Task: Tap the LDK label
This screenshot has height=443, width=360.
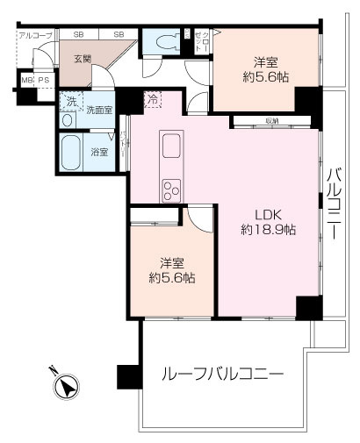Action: (268, 213)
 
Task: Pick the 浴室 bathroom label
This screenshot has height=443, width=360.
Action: (98, 152)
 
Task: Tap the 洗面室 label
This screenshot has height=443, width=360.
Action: (98, 110)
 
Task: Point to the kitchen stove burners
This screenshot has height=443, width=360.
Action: (170, 189)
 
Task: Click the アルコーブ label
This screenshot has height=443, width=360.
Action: (34, 35)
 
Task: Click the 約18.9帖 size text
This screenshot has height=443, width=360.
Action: (268, 230)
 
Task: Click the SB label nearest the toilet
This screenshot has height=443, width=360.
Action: (119, 34)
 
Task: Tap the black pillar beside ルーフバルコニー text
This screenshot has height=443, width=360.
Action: (129, 375)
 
